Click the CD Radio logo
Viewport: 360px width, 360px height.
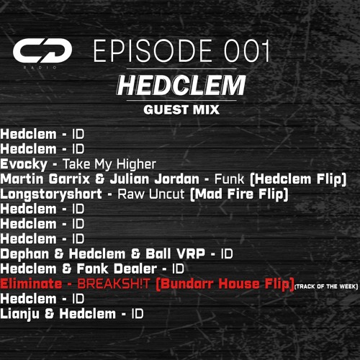42,51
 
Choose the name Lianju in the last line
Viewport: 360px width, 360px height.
21,314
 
